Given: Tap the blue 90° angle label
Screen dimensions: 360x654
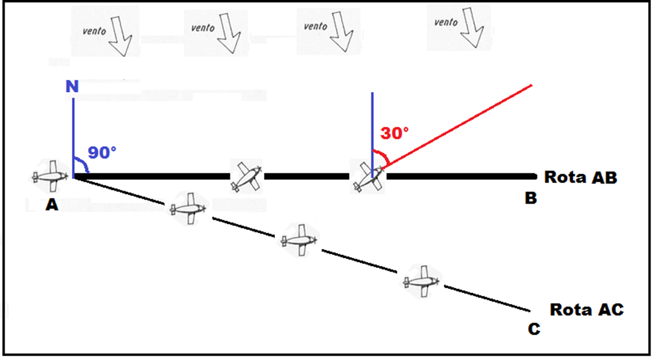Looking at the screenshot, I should coord(102,153).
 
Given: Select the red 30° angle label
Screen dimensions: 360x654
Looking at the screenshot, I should coord(394,133).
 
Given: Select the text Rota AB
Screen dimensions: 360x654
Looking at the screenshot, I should coord(580,176).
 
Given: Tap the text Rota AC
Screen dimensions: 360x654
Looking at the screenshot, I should coord(586,310).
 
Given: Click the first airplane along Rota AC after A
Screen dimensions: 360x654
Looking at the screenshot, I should coord(188,208).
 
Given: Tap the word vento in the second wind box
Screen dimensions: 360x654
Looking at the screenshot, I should coord(202,28).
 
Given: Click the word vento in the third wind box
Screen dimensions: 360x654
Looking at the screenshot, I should coord(315,26).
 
